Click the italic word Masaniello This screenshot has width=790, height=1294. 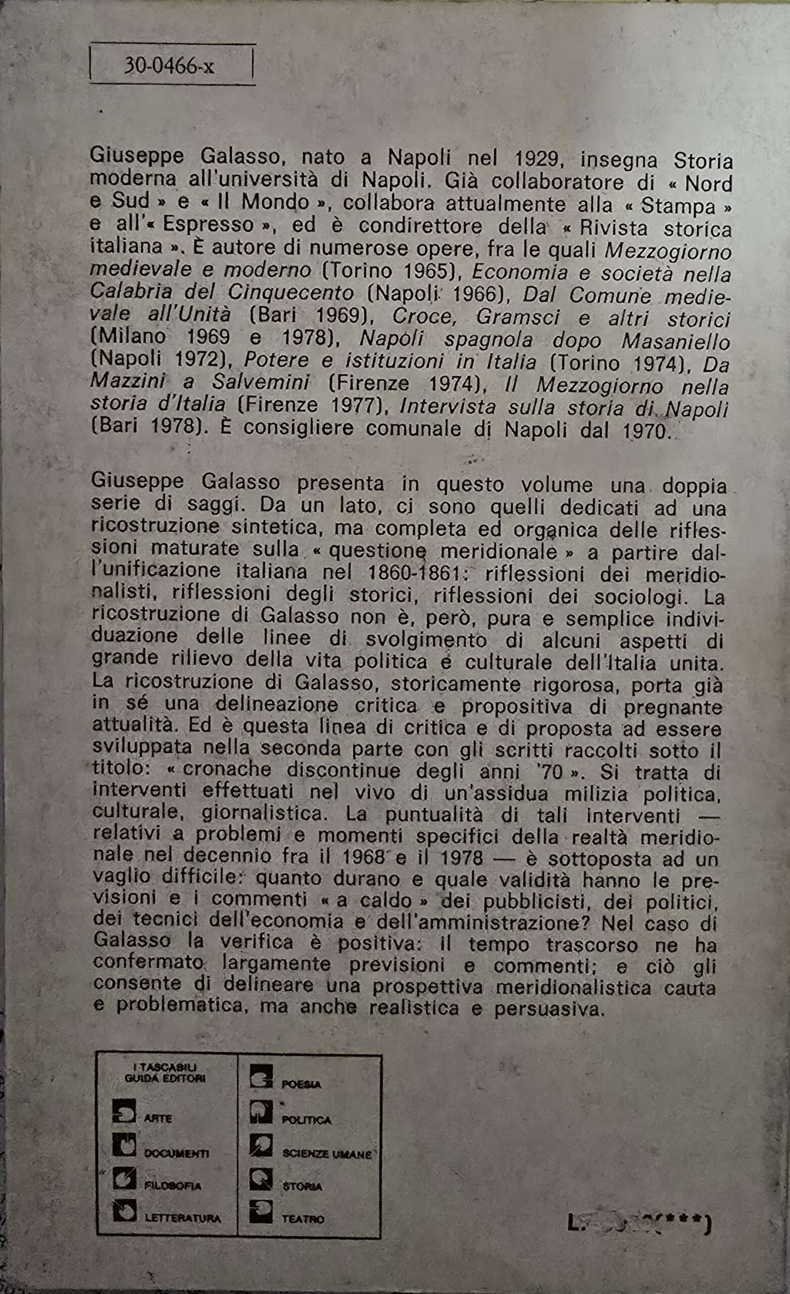(x=675, y=341)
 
